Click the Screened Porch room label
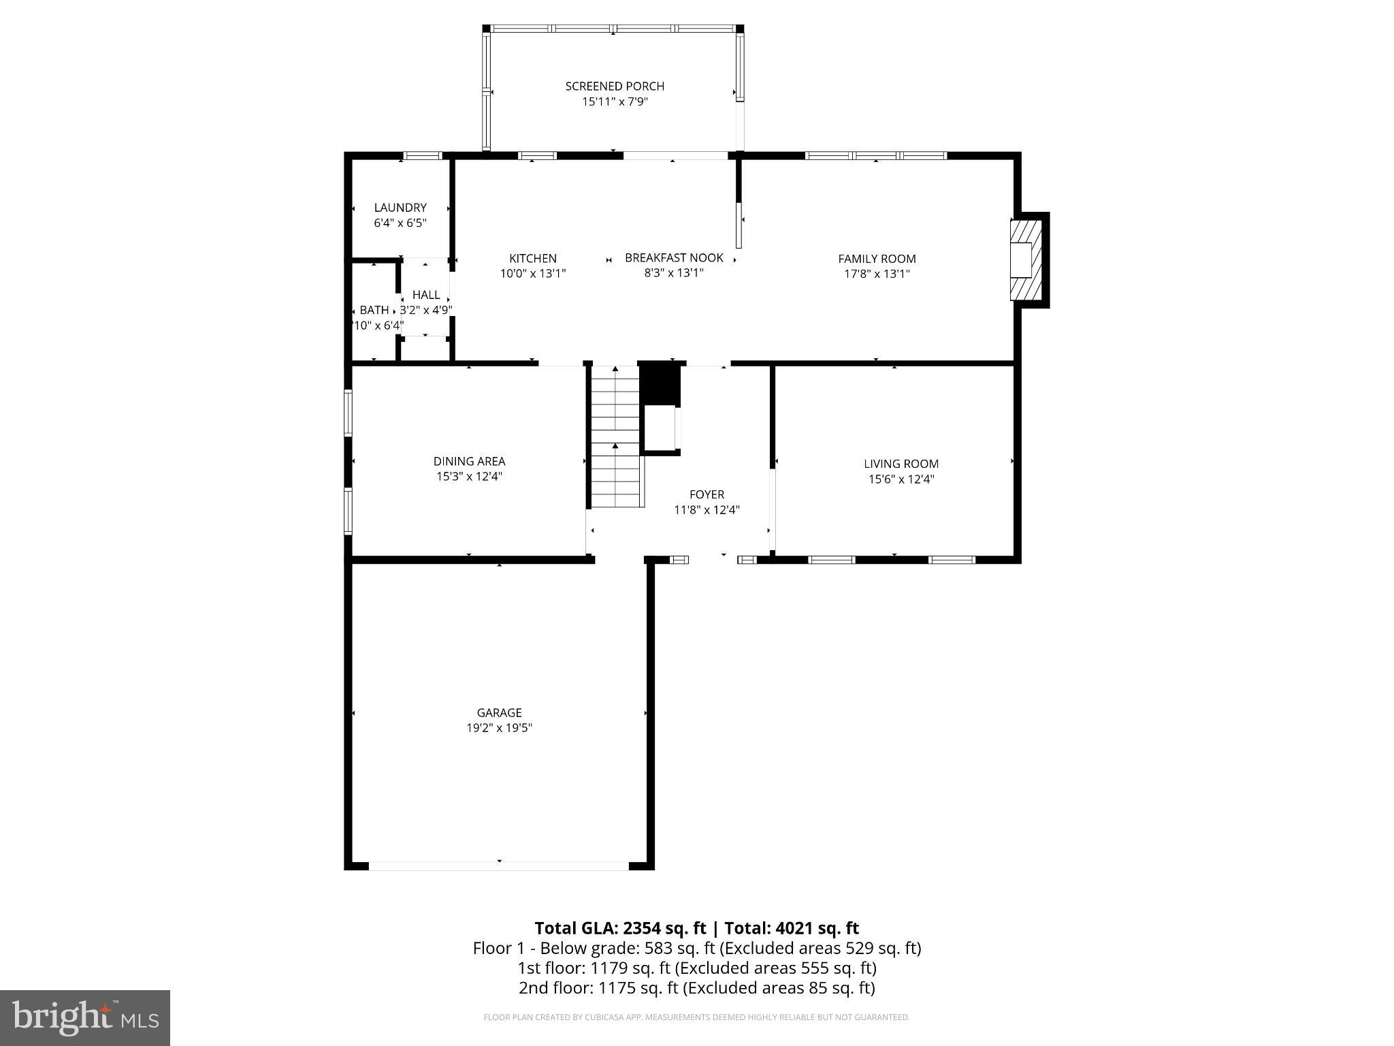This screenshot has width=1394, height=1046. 615,86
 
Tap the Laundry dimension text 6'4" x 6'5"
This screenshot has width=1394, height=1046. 400,223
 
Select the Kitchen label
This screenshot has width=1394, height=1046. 533,259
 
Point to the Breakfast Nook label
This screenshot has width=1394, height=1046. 674,258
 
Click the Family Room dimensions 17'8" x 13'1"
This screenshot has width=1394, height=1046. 877,274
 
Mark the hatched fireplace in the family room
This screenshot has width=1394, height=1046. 1026,259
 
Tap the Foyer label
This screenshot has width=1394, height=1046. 707,494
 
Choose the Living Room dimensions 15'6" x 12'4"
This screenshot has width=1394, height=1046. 901,479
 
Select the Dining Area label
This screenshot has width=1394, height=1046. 469,462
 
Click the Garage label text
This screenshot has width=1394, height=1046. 499,713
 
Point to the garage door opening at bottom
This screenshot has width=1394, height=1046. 499,866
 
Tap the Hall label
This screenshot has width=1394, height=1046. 426,295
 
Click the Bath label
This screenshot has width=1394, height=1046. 374,311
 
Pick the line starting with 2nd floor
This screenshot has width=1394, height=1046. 696,988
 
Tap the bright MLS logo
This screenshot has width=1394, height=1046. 85,1018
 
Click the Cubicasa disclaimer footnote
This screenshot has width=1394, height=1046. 696,1017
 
